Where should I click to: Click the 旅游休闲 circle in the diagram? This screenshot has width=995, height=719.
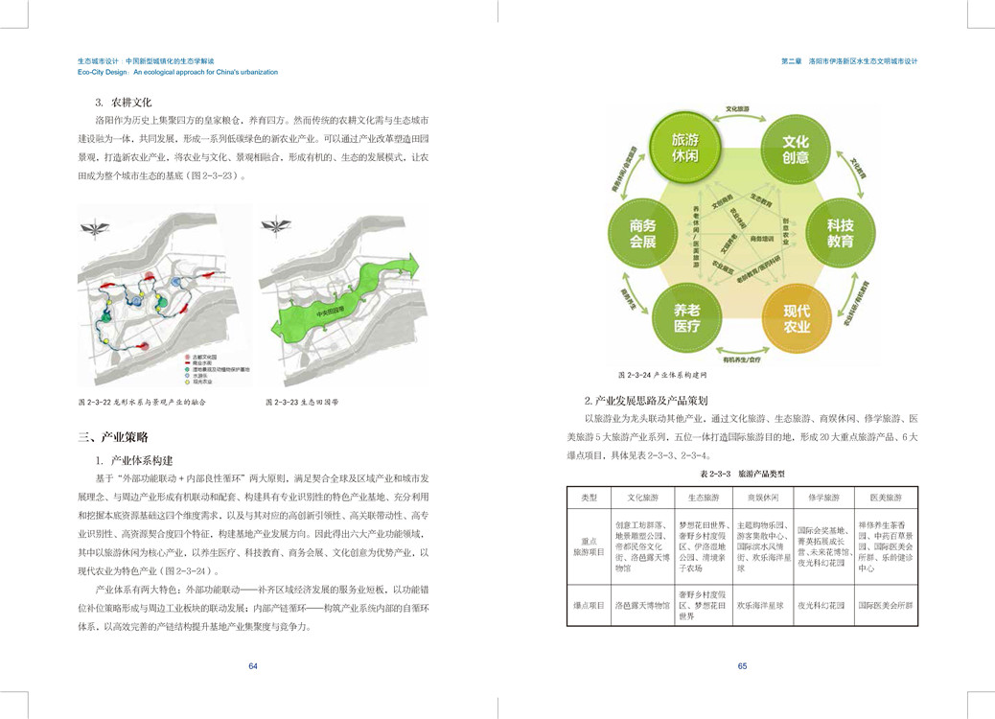(x=684, y=147)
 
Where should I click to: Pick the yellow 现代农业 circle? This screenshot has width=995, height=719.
(x=796, y=317)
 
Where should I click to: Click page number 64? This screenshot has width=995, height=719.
(x=253, y=666)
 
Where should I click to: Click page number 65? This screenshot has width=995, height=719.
(x=742, y=666)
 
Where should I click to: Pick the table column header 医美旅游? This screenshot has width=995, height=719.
(x=885, y=498)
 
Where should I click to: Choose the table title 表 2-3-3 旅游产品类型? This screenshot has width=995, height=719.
(x=741, y=474)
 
